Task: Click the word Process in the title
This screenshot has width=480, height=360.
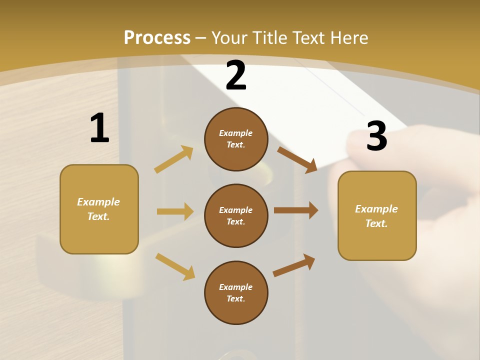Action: pos(157,37)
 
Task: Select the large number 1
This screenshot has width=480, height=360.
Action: pos(99,128)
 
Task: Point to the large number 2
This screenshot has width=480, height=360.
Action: pos(236,75)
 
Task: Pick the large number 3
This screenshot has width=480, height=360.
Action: pos(376,136)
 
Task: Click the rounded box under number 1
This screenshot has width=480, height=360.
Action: pos(99,209)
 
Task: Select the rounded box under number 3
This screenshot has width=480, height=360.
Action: pos(377,216)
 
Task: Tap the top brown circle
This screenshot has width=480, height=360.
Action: pos(236,139)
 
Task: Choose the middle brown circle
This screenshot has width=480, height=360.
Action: pos(236,215)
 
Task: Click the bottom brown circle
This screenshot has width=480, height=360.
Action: pos(236,292)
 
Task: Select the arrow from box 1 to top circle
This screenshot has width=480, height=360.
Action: pos(174,159)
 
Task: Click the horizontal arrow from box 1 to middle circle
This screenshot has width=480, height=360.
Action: pos(175,211)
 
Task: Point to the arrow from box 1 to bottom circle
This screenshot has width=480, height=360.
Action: pos(175,266)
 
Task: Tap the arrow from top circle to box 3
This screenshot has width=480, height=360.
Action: pos(297,159)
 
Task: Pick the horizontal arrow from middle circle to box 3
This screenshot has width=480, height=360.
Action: pos(296,210)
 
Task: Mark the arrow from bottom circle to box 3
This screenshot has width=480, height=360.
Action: pos(294,265)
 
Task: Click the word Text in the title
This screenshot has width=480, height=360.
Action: pos(309,37)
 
